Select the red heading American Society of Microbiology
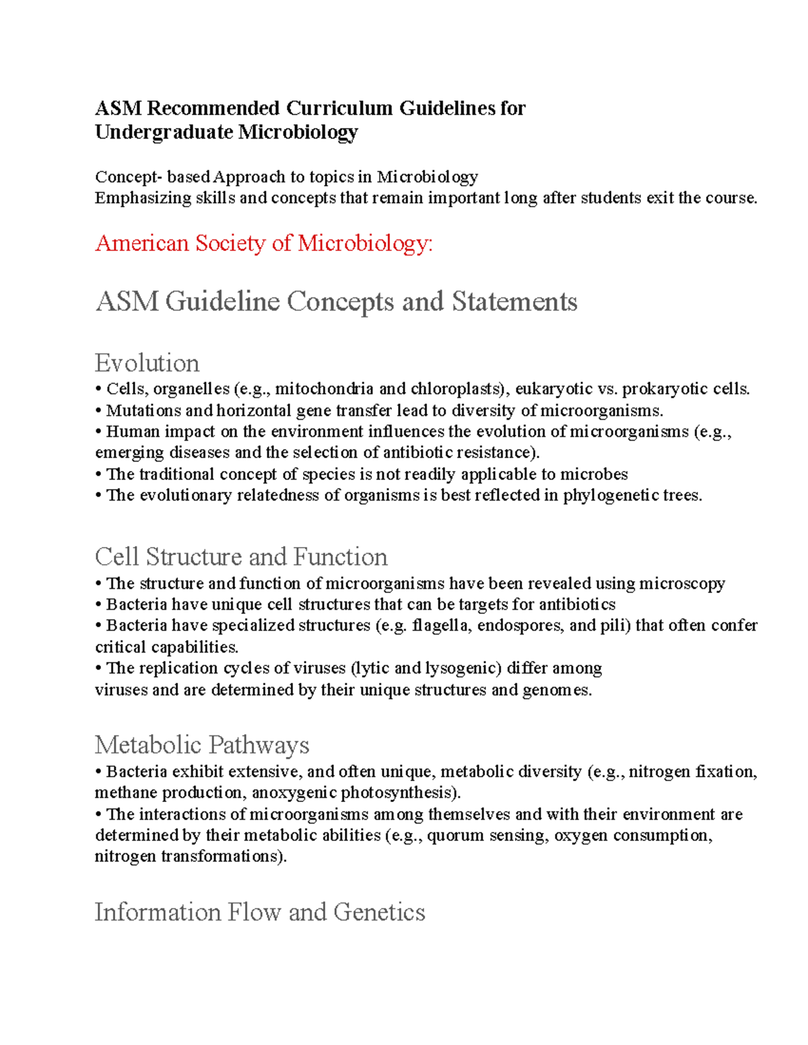click(x=264, y=243)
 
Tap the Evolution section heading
click(x=147, y=363)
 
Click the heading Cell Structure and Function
click(x=241, y=557)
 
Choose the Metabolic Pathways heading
click(x=202, y=745)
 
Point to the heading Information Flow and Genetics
click(x=260, y=912)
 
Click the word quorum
click(x=455, y=836)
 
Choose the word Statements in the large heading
click(x=514, y=301)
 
